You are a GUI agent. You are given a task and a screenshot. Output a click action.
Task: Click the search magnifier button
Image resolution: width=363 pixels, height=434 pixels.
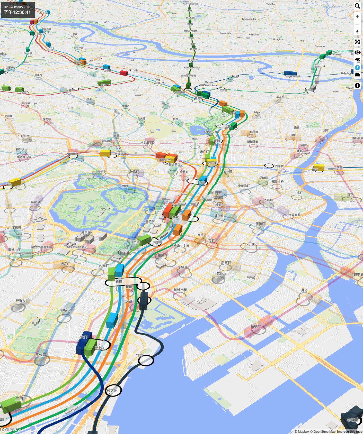coord(357,6)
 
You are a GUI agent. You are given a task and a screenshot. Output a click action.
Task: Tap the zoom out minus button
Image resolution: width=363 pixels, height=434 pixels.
coord(357,24)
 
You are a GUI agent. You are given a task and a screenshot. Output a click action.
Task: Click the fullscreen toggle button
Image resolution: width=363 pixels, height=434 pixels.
coord(357,42)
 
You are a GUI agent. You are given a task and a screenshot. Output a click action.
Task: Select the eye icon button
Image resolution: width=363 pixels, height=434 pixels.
coord(357,53)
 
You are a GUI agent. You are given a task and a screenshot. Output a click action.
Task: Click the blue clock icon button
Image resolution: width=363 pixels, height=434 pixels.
coord(357,68)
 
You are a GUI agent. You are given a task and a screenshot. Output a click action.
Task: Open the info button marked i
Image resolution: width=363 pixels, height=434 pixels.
coord(357,86)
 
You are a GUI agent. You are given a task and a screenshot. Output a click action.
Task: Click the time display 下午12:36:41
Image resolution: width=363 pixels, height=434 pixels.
coord(17,12)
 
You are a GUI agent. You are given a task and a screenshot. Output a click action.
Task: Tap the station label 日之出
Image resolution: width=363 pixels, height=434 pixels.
coord(112,391)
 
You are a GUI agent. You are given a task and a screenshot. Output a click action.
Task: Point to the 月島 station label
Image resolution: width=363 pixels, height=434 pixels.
coord(304,290)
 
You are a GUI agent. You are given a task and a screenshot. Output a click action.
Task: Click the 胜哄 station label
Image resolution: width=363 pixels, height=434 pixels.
coord(254,326)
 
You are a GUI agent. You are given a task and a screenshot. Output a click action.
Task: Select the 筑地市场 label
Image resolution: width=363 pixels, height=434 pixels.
coord(180,290)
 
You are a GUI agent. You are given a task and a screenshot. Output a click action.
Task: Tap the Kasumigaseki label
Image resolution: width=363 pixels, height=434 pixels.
coord(77,247)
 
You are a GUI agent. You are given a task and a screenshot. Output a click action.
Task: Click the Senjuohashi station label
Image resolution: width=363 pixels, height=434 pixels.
coord(292,76)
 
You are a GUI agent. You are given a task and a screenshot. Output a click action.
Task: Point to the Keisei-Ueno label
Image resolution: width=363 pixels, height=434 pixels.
coord(211,132)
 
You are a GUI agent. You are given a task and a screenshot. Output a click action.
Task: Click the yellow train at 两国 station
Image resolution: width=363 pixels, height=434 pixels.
coord(319,167)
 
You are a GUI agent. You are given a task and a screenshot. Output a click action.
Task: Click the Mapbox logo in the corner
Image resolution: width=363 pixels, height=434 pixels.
coord(12,429)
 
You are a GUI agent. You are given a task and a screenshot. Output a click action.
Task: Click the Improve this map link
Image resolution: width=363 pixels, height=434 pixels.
coord(349,432)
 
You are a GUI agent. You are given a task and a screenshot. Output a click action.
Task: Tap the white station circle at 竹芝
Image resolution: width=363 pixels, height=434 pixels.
coord(146,360)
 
